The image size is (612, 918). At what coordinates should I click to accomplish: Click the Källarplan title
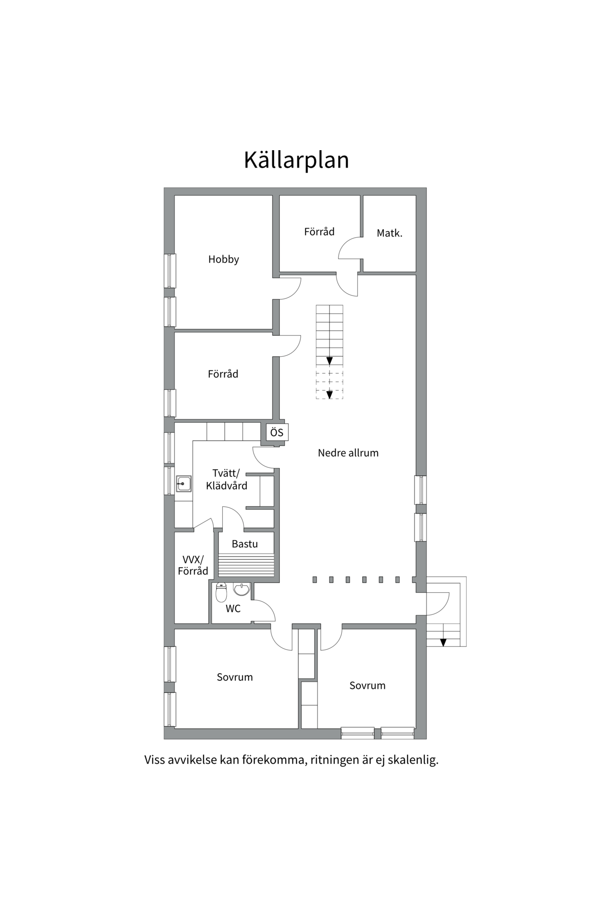pos(296,160)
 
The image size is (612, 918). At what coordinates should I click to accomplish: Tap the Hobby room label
pos(223,259)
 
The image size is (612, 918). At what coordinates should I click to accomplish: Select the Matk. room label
pos(389,233)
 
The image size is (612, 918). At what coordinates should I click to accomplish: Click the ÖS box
pos(277,433)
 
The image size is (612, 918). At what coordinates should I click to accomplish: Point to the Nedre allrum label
pos(348,453)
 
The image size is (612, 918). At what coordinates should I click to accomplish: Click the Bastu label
pos(245,544)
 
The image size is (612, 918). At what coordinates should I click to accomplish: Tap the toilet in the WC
pos(221,592)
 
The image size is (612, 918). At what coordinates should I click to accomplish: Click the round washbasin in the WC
pos(241,590)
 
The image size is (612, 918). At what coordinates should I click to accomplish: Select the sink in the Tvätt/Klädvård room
pos(184,484)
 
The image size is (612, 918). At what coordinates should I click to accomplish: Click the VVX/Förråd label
pos(193,565)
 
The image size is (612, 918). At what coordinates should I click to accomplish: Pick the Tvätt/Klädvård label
pos(227,480)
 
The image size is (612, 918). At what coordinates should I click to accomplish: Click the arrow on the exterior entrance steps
pos(443,642)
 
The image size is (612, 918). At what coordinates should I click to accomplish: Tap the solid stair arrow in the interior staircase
pos(329,361)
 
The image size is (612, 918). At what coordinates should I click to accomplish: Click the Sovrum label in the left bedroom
pos(235,677)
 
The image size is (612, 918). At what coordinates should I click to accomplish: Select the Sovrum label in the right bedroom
pos(367,686)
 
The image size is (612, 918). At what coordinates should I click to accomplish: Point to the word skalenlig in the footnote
pos(413,760)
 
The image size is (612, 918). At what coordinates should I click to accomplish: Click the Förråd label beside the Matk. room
pos(319,232)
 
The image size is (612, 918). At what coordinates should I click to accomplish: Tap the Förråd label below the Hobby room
pos(223,374)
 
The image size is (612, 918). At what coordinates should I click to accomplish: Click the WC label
pos(233,609)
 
